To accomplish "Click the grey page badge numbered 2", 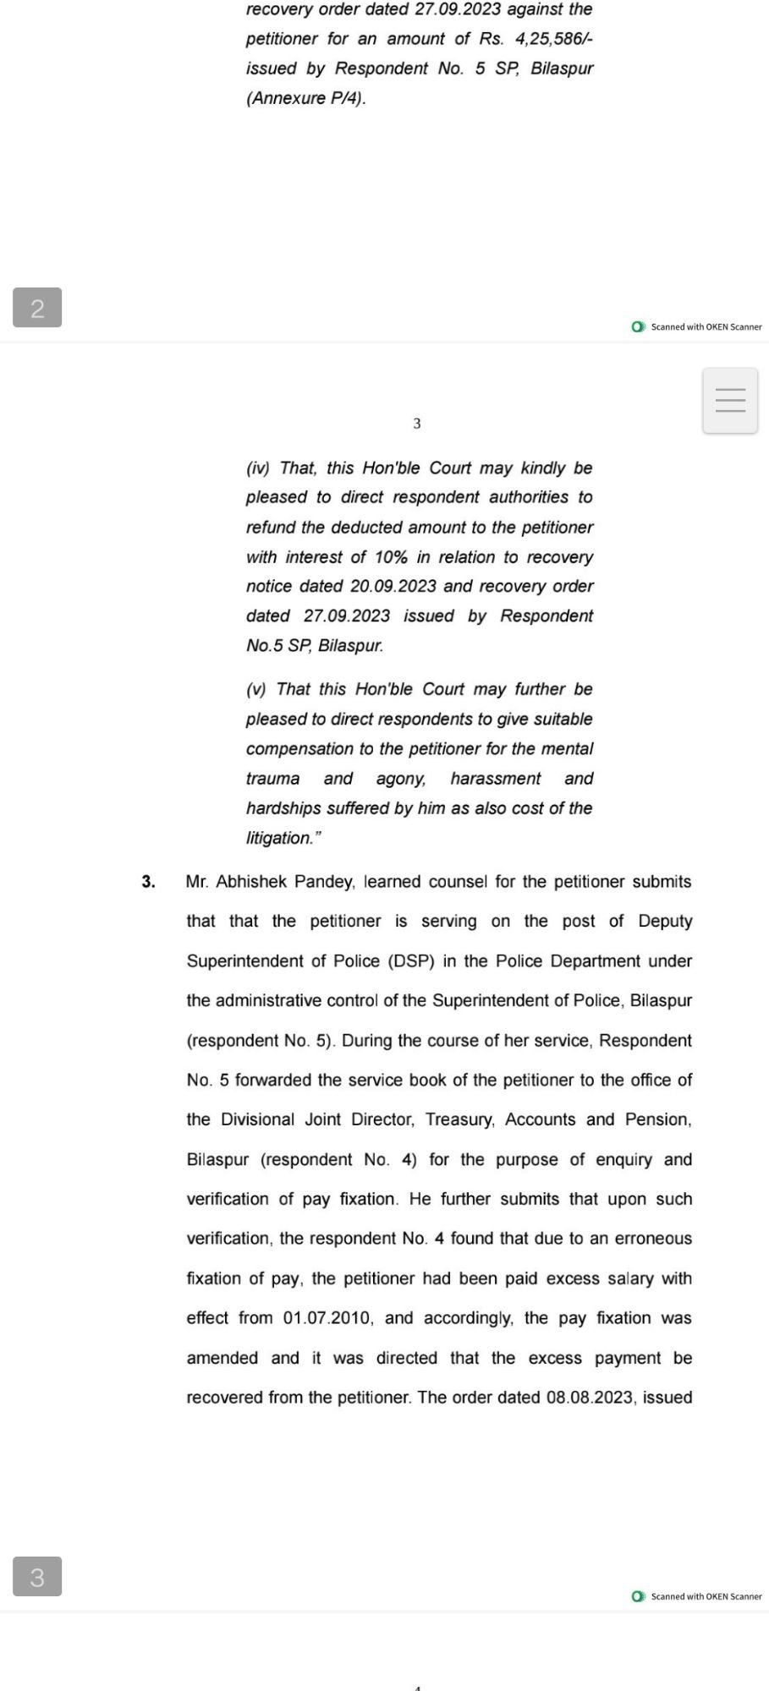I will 37,308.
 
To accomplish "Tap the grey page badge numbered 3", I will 37,1577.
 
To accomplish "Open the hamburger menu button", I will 730,400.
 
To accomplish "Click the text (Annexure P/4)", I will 306,98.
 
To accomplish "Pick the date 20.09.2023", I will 393,586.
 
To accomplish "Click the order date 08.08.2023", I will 590,1397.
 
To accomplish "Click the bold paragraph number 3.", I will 149,882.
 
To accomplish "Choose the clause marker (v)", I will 256,689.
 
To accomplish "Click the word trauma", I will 272,779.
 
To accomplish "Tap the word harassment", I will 496,779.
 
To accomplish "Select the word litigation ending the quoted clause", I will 279,838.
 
